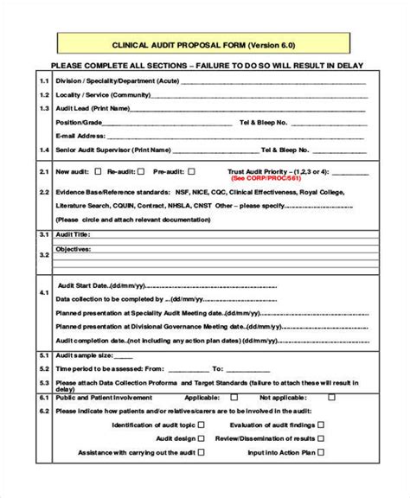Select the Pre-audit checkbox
click(192, 171)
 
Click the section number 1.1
click(44, 80)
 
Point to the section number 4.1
click(44, 292)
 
